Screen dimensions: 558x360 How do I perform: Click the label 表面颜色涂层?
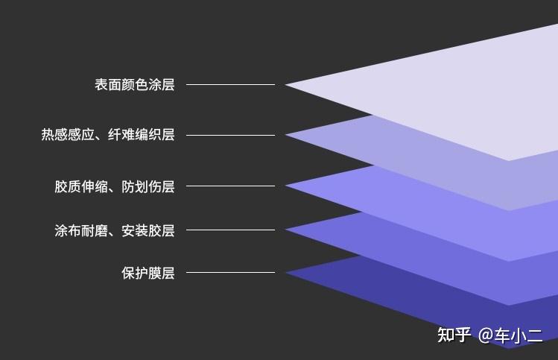(x=135, y=85)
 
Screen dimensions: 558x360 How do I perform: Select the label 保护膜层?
(x=148, y=273)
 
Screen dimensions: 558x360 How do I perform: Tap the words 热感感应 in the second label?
(x=68, y=135)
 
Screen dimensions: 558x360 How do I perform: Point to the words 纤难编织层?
(x=142, y=135)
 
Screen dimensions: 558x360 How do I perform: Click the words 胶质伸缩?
(x=81, y=186)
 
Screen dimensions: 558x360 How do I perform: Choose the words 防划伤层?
(x=148, y=186)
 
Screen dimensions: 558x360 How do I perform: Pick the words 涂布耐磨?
(x=81, y=231)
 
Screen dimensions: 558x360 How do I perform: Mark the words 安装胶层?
(x=148, y=231)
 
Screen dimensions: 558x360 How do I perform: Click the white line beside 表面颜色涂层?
(x=231, y=84)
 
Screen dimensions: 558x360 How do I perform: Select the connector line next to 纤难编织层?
(x=231, y=136)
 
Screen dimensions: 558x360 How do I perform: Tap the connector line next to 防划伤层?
(x=231, y=186)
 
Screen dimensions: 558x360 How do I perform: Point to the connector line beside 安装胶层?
(x=231, y=230)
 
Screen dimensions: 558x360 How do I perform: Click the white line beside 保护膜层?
(x=231, y=272)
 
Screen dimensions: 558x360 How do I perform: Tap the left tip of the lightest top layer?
(x=285, y=84)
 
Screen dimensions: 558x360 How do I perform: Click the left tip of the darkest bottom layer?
(x=286, y=272)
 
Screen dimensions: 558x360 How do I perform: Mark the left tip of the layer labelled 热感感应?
(x=286, y=135)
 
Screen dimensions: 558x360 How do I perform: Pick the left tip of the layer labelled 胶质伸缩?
(x=286, y=186)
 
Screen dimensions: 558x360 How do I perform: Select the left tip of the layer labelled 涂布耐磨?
(x=286, y=230)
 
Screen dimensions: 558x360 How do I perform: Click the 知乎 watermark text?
(x=454, y=335)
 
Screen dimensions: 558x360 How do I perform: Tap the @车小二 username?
(x=510, y=336)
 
